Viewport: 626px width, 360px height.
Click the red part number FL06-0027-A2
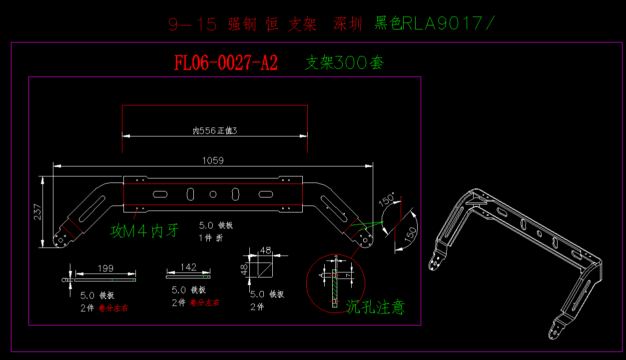click(226, 63)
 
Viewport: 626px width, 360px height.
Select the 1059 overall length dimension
click(213, 160)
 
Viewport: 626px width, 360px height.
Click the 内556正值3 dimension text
click(214, 131)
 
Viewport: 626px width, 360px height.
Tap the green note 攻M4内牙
click(144, 231)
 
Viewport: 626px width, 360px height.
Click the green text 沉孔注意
click(375, 306)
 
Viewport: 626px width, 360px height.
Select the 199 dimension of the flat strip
click(105, 268)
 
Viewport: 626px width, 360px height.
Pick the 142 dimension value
click(188, 267)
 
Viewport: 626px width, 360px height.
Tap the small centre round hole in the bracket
click(213, 193)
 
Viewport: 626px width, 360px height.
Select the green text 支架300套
click(345, 63)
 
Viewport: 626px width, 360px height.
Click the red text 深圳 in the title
click(348, 24)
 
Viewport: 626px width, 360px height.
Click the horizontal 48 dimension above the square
click(265, 250)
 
